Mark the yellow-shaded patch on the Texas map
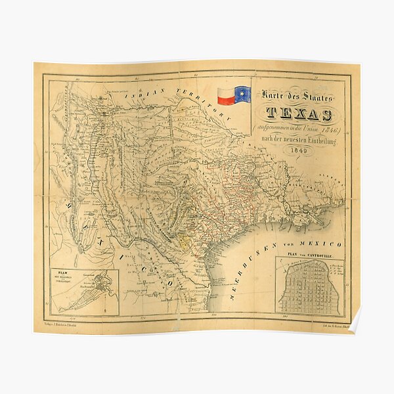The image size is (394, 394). pyautogui.click(x=185, y=240)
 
